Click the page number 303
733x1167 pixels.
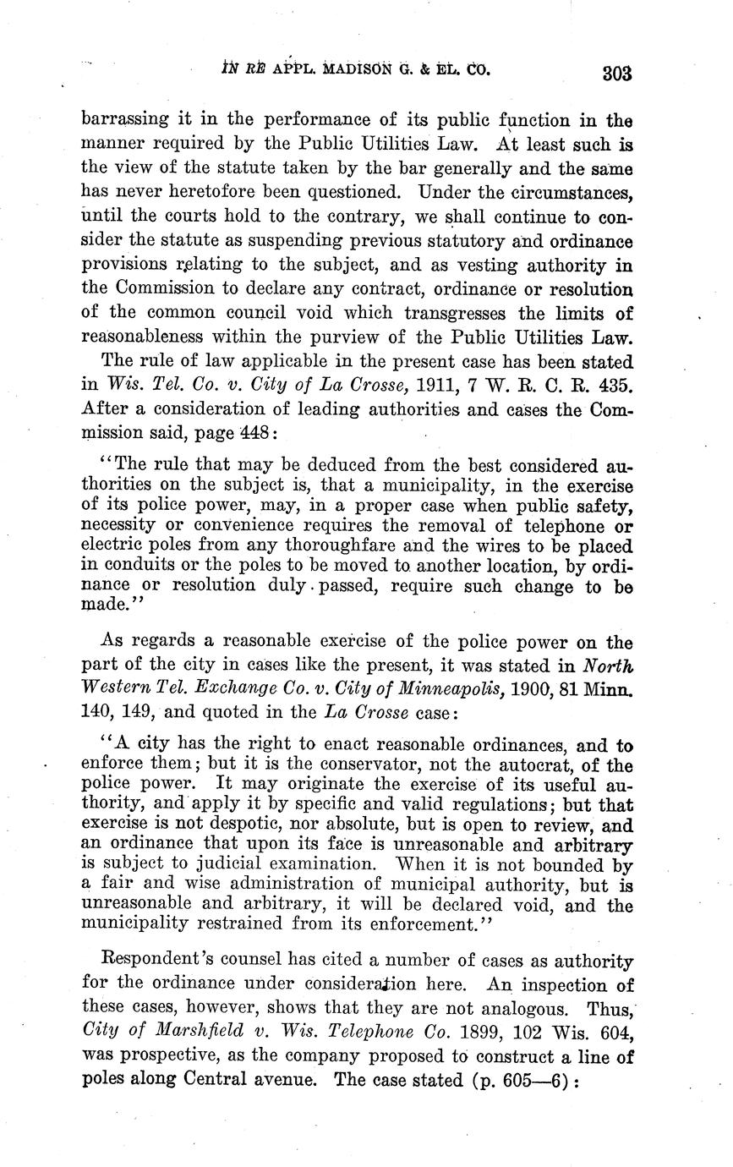(617, 73)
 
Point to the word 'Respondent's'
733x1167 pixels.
(153, 962)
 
